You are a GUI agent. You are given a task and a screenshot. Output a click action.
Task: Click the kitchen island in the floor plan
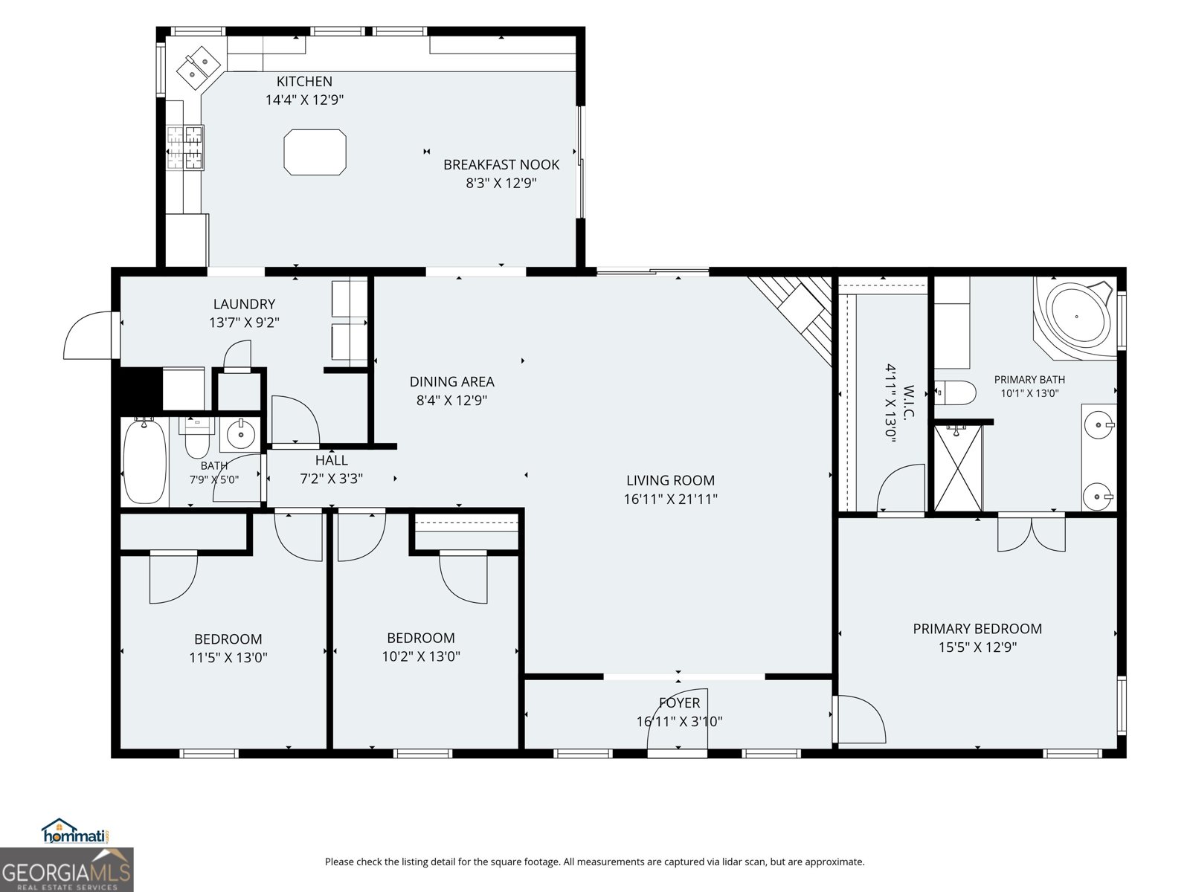coord(315,152)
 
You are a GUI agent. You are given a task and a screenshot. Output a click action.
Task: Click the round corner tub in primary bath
coord(1075,318)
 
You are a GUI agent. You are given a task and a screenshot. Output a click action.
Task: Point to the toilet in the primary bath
coord(955,392)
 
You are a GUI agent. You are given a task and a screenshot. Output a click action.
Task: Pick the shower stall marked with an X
coord(959,468)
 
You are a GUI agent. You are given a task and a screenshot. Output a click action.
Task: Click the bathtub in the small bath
coord(144,462)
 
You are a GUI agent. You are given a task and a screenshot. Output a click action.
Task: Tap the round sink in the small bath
coord(240,434)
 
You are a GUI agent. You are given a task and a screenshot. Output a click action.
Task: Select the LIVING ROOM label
coord(671,480)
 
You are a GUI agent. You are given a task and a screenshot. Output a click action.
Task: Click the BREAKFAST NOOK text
coord(501,164)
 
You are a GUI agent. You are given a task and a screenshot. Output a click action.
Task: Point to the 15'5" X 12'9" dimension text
coord(977,647)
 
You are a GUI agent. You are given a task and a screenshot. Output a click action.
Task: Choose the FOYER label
coord(679,703)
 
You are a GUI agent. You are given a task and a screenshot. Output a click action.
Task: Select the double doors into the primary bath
coord(1032,533)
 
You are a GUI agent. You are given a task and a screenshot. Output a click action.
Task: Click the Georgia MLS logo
coord(67,870)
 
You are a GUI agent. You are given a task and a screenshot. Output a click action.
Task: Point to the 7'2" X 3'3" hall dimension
coord(331,479)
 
